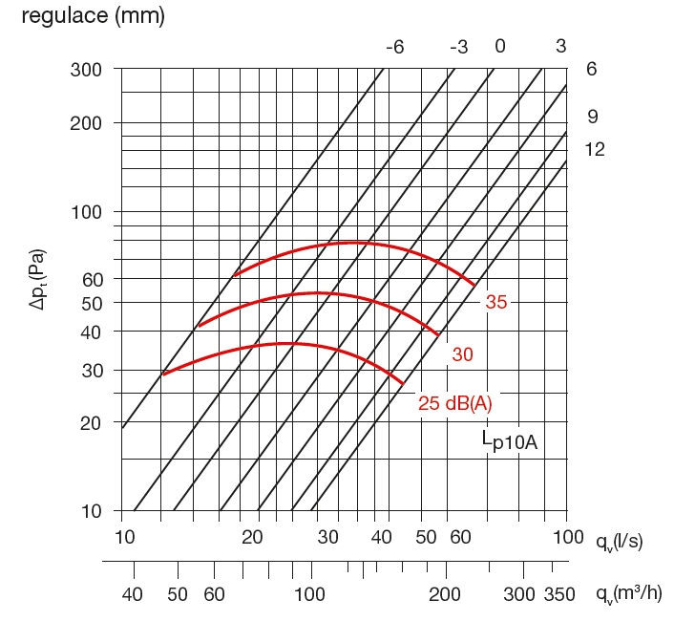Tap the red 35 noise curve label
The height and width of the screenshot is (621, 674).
click(496, 303)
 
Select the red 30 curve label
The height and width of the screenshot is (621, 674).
click(463, 354)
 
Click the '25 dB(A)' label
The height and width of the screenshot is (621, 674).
click(455, 404)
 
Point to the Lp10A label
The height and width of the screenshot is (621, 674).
click(511, 442)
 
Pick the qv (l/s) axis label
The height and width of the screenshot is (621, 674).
click(620, 542)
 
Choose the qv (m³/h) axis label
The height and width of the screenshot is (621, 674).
click(626, 594)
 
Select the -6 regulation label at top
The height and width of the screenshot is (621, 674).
click(395, 47)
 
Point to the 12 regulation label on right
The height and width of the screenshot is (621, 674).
click(595, 150)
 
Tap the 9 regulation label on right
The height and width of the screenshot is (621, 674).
click(592, 117)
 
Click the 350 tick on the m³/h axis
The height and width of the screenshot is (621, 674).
click(560, 594)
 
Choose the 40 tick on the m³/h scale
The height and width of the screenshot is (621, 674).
click(133, 594)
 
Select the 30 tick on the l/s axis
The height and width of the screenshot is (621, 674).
click(327, 537)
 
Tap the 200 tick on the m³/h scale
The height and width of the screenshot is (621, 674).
click(445, 594)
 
